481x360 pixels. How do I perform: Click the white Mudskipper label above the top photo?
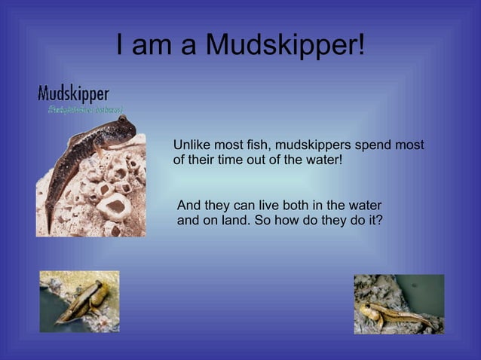(73, 94)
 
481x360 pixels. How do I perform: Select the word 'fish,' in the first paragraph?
(259, 145)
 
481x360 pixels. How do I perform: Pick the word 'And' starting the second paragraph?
(188, 206)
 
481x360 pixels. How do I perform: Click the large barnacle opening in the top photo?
(112, 204)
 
